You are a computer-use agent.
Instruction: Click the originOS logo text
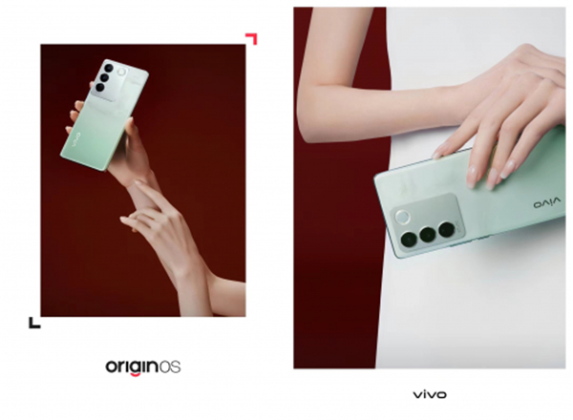pos(143,367)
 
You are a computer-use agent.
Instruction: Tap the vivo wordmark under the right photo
pos(430,394)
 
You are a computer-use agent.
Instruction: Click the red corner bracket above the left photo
pos(252,38)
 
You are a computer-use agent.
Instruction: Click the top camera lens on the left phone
pos(109,68)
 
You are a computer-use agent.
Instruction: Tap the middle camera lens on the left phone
pos(104,77)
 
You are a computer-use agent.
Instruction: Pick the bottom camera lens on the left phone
pos(99,87)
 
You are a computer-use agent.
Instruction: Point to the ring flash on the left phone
pos(121,72)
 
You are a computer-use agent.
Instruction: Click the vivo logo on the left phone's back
pos(76,140)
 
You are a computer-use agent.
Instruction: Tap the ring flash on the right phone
pos(403,217)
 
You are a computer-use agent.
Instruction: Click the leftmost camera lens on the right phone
pos(409,240)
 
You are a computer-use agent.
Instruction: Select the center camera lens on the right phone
pos(428,235)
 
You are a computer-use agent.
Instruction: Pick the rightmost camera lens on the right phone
pos(447,229)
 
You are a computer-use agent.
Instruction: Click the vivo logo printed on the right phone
pos(546,202)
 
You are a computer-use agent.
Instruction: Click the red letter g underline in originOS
pos(136,373)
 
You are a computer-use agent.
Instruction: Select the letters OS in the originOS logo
pos(170,367)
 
